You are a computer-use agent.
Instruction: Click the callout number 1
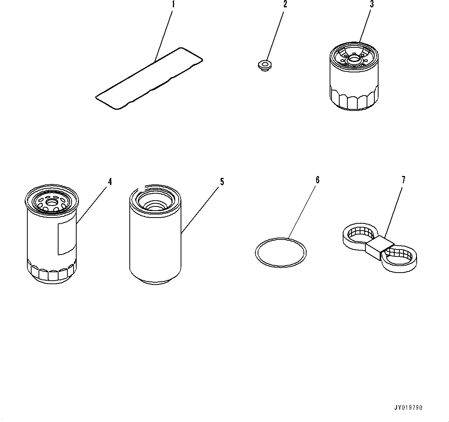(173, 4)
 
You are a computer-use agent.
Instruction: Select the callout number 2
(285, 4)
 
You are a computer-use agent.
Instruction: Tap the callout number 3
(372, 4)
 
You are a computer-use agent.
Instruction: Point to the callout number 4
(110, 182)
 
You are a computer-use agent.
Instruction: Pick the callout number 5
(222, 182)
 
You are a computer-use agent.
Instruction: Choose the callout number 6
(318, 180)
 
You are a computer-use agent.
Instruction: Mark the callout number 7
(404, 180)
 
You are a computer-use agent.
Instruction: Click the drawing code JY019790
(408, 407)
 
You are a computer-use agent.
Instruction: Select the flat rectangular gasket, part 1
(149, 79)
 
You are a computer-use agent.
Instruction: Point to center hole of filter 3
(354, 60)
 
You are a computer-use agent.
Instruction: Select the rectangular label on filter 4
(67, 237)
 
